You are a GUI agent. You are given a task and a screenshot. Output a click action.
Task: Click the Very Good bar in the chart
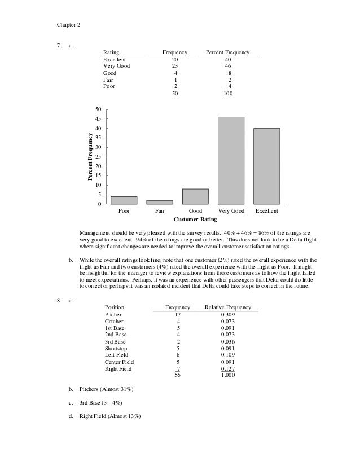(231, 160)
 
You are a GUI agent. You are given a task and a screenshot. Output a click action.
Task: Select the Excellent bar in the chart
(266, 166)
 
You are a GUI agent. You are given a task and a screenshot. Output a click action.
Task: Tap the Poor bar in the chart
(124, 200)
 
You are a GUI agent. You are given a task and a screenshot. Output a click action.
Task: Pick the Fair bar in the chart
(160, 201)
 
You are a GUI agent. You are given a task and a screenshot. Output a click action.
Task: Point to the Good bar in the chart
(195, 196)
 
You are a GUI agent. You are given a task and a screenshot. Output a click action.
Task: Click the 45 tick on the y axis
(99, 119)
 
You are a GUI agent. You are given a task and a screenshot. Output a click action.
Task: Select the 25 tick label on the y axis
(99, 157)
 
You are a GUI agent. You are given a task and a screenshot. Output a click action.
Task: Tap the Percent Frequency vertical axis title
(89, 156)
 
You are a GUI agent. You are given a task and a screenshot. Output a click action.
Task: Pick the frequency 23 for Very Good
(175, 66)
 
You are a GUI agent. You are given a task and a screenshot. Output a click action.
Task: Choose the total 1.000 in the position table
(228, 376)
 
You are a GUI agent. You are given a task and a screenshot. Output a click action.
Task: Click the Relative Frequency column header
(228, 307)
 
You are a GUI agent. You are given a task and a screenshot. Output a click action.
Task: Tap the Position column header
(116, 307)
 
